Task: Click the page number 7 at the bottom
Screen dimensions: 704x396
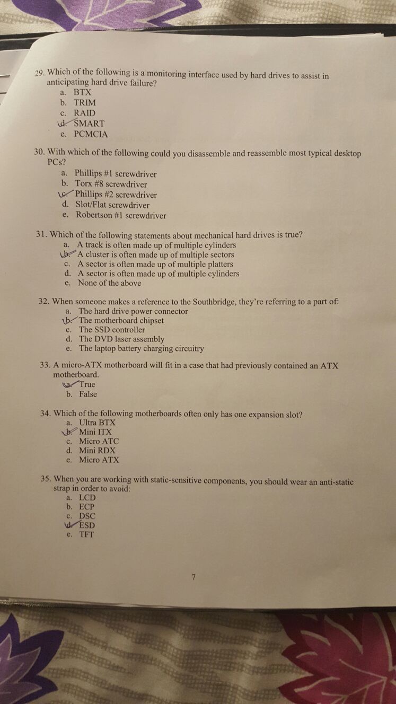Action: pyautogui.click(x=195, y=578)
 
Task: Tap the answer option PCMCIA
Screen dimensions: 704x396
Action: pyautogui.click(x=91, y=134)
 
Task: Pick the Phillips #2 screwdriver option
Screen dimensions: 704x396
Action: pyautogui.click(x=116, y=195)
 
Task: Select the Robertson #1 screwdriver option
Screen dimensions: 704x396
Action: pyautogui.click(x=121, y=215)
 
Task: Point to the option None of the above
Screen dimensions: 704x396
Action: pyautogui.click(x=109, y=283)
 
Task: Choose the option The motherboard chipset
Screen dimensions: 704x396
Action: pyautogui.click(x=121, y=320)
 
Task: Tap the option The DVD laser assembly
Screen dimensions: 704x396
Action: pyautogui.click(x=122, y=339)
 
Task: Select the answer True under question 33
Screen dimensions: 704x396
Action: pyautogui.click(x=87, y=384)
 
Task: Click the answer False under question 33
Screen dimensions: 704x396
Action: pyautogui.click(x=88, y=394)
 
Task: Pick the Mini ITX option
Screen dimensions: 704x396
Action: pyautogui.click(x=95, y=432)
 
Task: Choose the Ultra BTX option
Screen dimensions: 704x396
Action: pyautogui.click(x=97, y=423)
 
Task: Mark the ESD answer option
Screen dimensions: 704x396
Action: pyautogui.click(x=87, y=525)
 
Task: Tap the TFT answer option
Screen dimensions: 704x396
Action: pyautogui.click(x=86, y=534)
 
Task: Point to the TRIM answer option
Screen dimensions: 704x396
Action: pyautogui.click(x=85, y=102)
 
